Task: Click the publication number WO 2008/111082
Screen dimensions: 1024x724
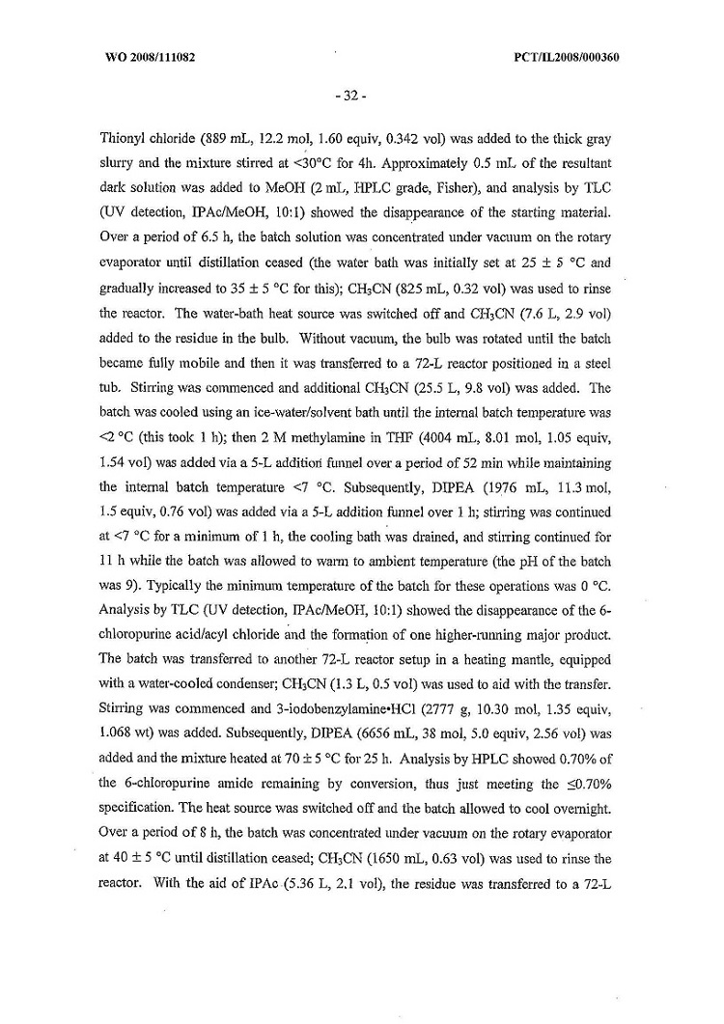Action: coord(150,57)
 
